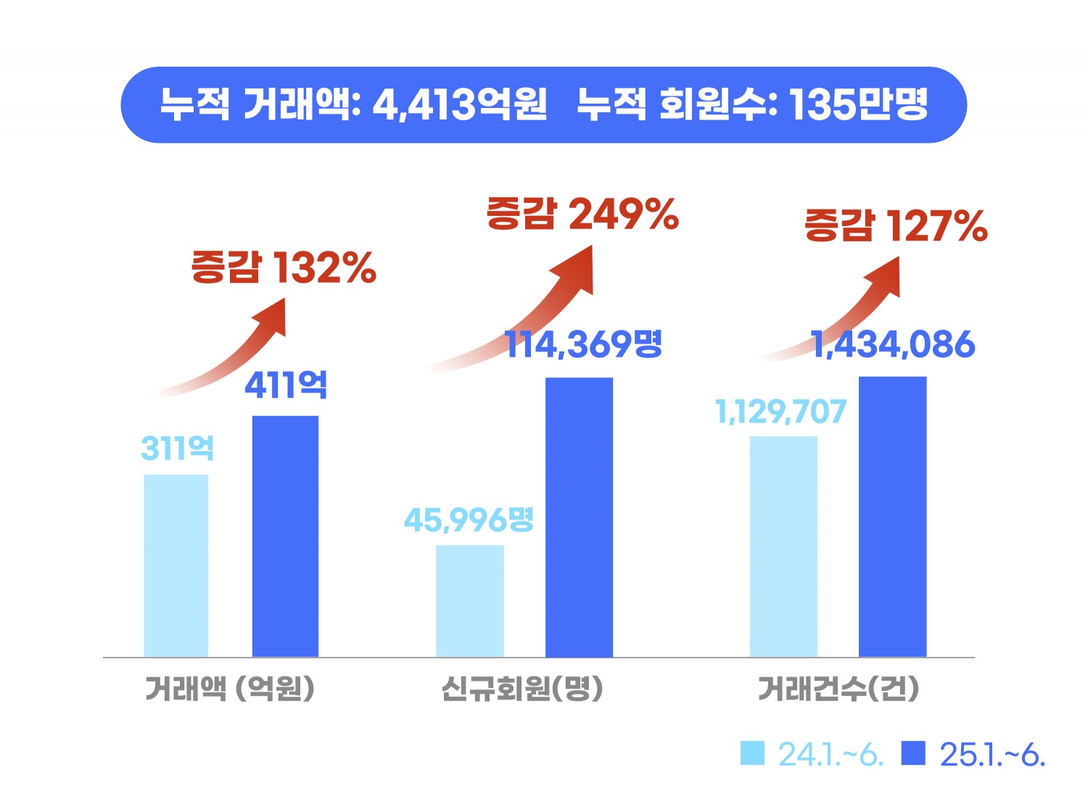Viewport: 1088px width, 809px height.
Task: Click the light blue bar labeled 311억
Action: click(176, 565)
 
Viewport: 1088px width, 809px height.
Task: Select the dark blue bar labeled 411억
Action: click(285, 536)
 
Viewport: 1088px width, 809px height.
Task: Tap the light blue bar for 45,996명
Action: click(470, 601)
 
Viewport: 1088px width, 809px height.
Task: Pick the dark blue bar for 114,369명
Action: click(579, 517)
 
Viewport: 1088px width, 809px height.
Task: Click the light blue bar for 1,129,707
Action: click(783, 547)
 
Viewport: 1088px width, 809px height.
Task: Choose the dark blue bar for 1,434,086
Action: click(892, 517)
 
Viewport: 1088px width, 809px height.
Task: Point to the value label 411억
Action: click(286, 385)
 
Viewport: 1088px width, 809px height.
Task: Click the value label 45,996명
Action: click(469, 520)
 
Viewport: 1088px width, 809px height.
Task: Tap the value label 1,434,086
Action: click(893, 344)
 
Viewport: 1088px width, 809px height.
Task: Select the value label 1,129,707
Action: click(780, 412)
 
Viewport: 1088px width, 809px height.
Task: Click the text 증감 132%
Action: click(284, 267)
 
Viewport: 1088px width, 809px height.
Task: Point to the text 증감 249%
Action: click(582, 214)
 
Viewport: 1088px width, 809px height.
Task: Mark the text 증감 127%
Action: click(896, 225)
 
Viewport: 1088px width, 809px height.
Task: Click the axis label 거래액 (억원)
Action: click(230, 688)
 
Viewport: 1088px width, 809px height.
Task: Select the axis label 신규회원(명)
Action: click(522, 688)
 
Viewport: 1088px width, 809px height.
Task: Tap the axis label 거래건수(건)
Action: click(838, 688)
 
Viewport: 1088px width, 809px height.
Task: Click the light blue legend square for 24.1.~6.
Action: click(752, 753)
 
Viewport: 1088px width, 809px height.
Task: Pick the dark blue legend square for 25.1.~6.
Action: click(913, 753)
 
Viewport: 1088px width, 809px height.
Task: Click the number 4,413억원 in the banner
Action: click(460, 104)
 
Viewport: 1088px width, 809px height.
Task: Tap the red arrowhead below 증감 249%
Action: click(576, 268)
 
